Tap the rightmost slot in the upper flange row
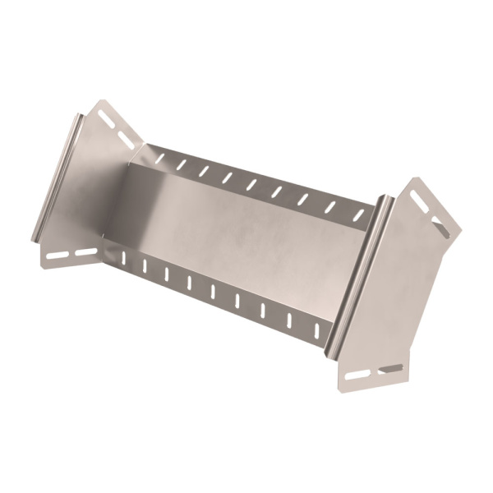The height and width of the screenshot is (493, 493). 358,215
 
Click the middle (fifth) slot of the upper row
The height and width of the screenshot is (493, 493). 251,185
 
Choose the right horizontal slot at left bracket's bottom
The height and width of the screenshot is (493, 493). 86,250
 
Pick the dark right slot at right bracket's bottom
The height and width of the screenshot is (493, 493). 392,368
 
